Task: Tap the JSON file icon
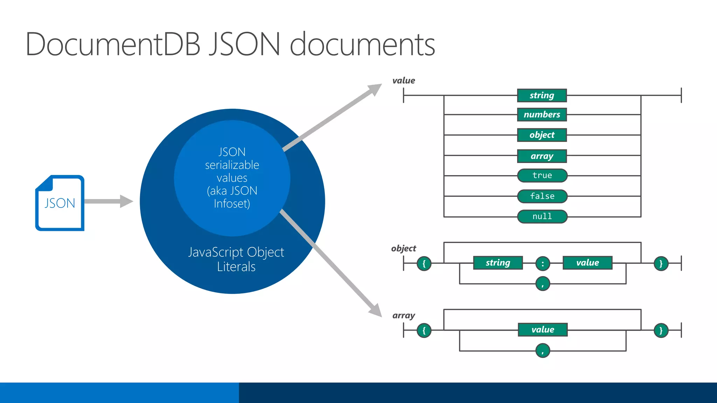pos(60,203)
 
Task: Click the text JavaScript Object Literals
pos(236,259)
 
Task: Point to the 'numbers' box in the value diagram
pos(542,114)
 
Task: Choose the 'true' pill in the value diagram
pos(542,175)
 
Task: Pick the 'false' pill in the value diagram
pos(542,196)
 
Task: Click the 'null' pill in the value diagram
pos(542,216)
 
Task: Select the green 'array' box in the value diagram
pos(542,156)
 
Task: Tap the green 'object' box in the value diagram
pos(542,135)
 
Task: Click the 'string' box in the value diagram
pos(542,95)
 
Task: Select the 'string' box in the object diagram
pos(497,263)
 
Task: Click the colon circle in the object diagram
pos(543,263)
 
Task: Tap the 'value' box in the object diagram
pos(587,263)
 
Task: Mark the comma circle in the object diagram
pos(543,284)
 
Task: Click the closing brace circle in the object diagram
pos(661,263)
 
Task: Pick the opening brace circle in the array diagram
pos(424,330)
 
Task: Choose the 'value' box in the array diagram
pos(542,330)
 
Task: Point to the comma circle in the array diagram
pos(543,351)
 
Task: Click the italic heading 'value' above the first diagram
pos(403,80)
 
